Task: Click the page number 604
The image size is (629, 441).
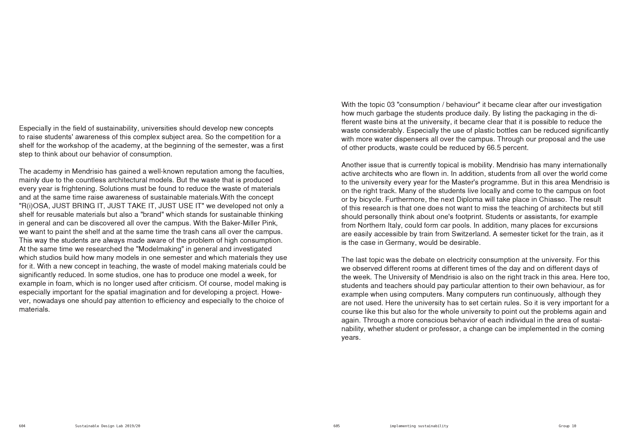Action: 22,426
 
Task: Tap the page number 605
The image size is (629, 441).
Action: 336,426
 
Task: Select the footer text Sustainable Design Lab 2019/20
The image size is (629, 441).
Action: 108,426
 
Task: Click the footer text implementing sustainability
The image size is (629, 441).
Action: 419,426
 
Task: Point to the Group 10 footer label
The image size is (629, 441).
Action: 567,426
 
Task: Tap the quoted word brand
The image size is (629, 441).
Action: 152,215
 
